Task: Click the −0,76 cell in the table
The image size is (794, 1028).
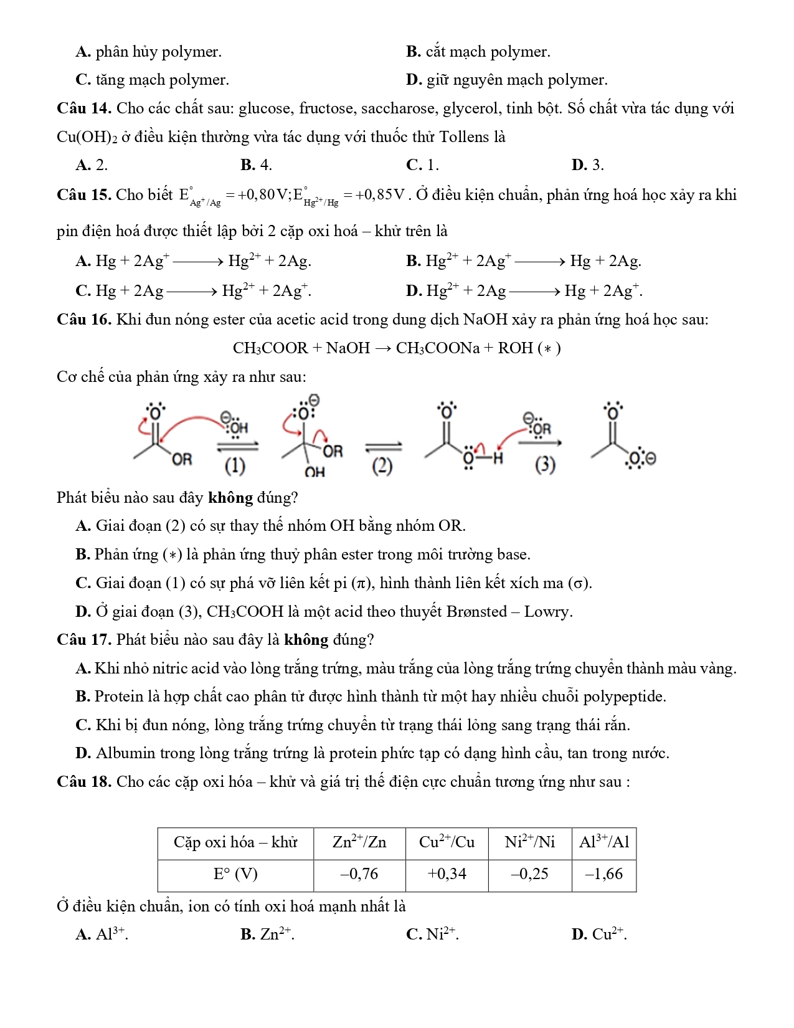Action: pyautogui.click(x=359, y=874)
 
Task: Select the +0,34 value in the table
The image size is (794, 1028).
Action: pyautogui.click(x=447, y=874)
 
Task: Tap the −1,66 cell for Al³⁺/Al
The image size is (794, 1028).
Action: pyautogui.click(x=603, y=874)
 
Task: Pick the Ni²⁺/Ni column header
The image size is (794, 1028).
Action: pyautogui.click(x=529, y=842)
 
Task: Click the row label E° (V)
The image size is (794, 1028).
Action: pyautogui.click(x=235, y=874)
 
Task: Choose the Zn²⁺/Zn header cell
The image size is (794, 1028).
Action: pyautogui.click(x=359, y=842)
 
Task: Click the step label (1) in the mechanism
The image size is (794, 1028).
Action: pyautogui.click(x=235, y=465)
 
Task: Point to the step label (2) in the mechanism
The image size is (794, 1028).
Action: pyautogui.click(x=382, y=465)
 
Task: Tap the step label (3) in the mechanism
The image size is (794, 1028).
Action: pyautogui.click(x=545, y=465)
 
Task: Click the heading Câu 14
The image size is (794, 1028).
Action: pyautogui.click(x=83, y=108)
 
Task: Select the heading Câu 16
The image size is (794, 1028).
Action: pyautogui.click(x=83, y=320)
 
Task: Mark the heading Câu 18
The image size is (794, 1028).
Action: pyautogui.click(x=83, y=781)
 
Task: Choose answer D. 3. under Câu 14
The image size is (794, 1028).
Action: pyautogui.click(x=587, y=165)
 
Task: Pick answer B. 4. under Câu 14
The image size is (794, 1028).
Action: pyautogui.click(x=256, y=165)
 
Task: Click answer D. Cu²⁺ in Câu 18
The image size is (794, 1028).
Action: pyautogui.click(x=598, y=934)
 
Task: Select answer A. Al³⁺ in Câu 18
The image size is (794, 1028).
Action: pyautogui.click(x=102, y=934)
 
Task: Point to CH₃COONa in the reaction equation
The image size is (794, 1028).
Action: pyautogui.click(x=438, y=348)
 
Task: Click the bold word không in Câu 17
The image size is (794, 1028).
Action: pyautogui.click(x=306, y=640)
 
